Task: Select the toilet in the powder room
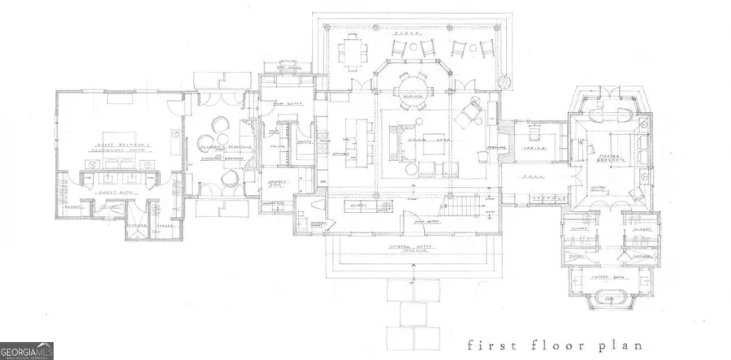[314, 210]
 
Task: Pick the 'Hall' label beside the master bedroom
[533, 175]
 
